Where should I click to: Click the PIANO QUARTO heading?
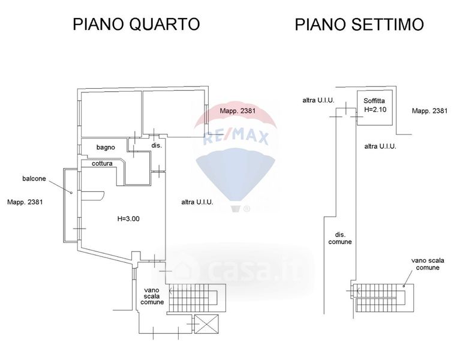point(136,25)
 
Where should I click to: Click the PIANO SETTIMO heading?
point(359,25)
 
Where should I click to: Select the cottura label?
point(103,164)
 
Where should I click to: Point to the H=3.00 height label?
point(128,219)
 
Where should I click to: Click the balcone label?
point(35,178)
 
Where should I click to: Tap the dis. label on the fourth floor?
point(156,145)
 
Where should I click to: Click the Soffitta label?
point(375,101)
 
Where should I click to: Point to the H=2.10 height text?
point(376,110)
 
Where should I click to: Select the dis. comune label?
point(339,238)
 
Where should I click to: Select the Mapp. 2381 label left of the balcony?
point(25,202)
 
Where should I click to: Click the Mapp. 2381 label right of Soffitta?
point(429,111)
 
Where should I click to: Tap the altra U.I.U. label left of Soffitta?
point(318,100)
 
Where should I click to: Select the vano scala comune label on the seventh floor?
point(425,264)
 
